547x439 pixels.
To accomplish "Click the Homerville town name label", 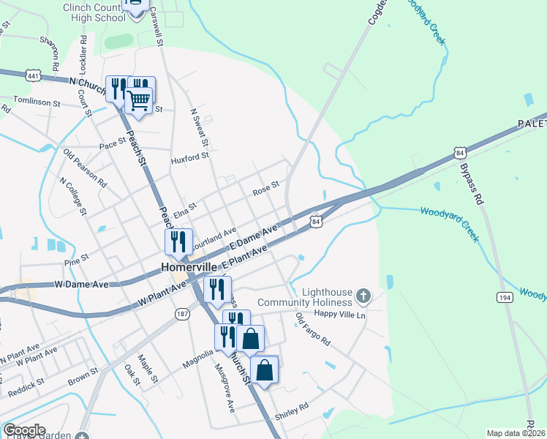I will pos(192,268).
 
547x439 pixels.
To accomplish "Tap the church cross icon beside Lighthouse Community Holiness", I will pos(363,296).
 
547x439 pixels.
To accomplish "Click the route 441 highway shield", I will pos(31,75).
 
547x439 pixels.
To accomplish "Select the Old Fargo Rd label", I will pos(313,330).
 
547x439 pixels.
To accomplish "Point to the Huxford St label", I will pos(189,155).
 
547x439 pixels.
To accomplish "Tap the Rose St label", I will pos(266,187).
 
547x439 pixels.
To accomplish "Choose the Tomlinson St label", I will pos(36,102).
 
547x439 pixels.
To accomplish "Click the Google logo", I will pos(24,430).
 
